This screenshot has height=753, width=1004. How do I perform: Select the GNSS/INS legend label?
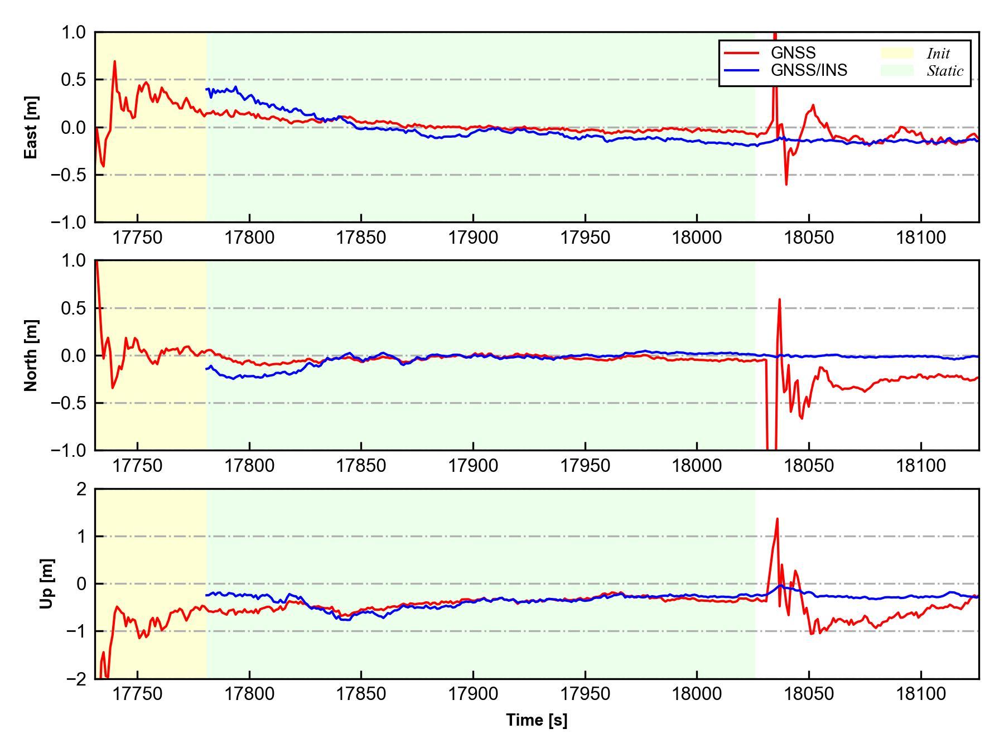coord(809,70)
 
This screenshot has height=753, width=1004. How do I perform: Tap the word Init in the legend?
coord(938,54)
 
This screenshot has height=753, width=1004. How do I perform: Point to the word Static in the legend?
coord(945,71)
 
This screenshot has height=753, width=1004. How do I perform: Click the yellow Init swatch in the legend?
coord(896,53)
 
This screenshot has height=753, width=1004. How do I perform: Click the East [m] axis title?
coord(31,127)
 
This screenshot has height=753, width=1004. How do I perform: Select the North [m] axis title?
coord(31,355)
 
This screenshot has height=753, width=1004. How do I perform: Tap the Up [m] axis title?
coord(47,583)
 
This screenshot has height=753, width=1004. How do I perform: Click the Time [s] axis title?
coord(537,720)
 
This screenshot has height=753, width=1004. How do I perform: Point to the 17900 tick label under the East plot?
coord(473,238)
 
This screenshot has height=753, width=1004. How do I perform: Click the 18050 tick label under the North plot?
coord(809,466)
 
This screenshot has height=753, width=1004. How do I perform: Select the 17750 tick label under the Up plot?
coord(137,694)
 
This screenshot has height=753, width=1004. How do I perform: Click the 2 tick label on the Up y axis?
coord(82,489)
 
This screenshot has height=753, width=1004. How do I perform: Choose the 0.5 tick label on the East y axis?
coord(74,80)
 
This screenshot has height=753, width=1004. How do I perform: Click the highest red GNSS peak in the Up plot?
coord(777,519)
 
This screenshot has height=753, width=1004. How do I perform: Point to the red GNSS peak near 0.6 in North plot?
coord(779,300)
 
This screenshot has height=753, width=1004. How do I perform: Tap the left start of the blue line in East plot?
coord(206,89)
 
